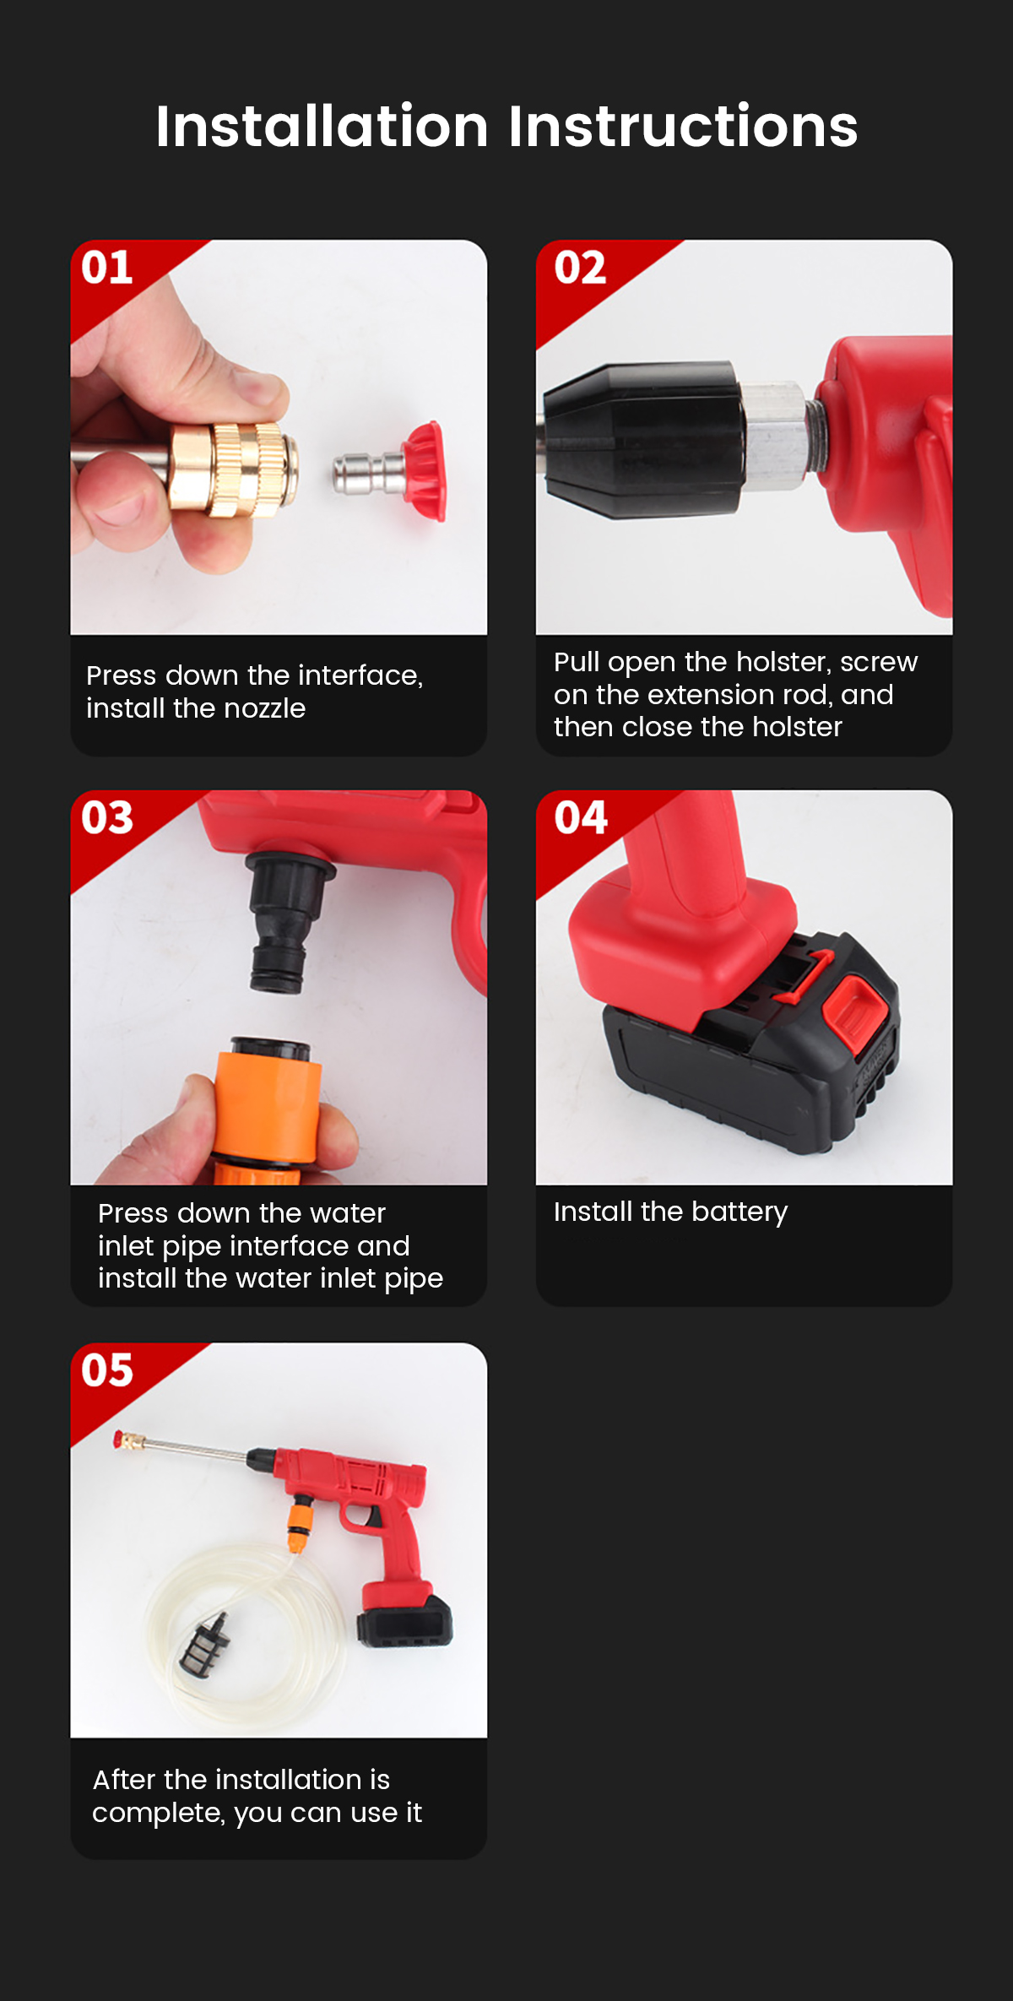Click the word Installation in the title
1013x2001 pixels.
[x=322, y=127]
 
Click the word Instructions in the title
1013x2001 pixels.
[x=683, y=127]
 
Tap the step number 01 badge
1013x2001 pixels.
[x=107, y=268]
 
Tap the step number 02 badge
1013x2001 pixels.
[x=580, y=268]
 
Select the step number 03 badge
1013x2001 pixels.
[x=107, y=817]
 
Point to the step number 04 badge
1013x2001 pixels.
[x=581, y=817]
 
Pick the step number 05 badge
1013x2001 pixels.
[x=107, y=1369]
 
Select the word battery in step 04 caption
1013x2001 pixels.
[x=739, y=1212]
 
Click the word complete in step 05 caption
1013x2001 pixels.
[x=159, y=1812]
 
